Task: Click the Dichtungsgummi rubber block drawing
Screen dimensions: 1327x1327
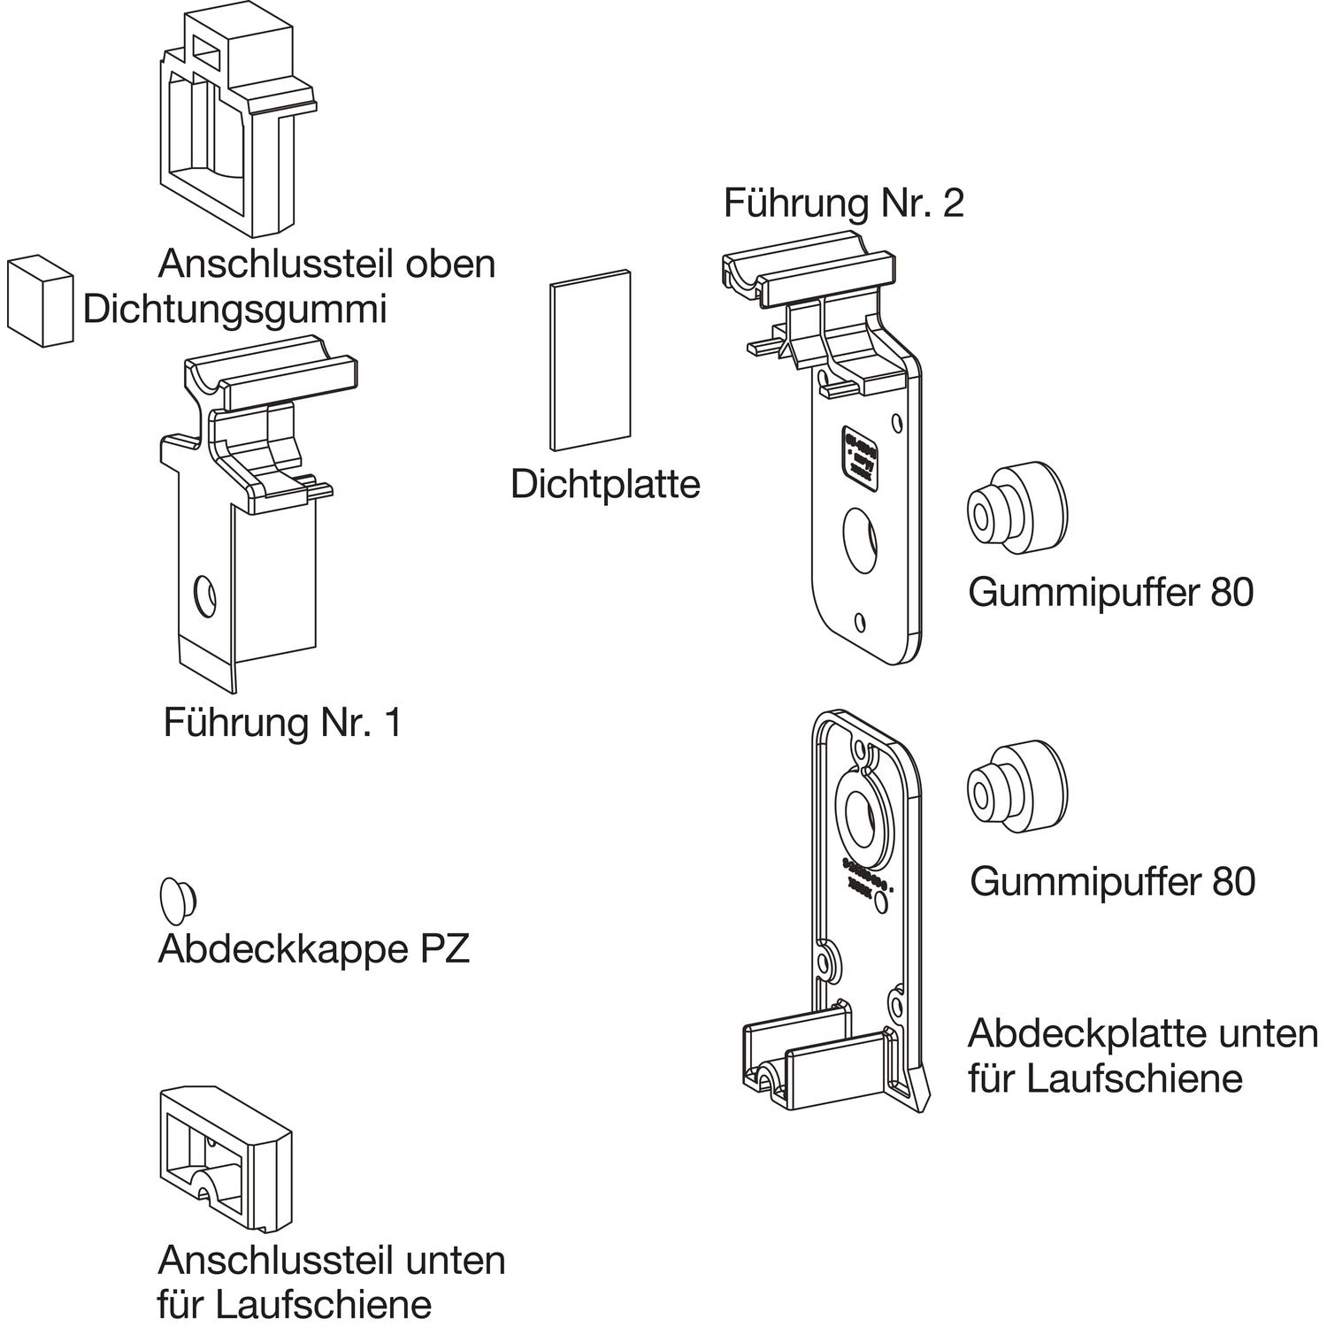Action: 40,300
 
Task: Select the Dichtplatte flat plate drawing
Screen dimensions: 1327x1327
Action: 589,359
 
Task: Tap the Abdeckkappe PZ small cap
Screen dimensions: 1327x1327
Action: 177,900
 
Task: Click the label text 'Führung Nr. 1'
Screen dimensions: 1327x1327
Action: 282,723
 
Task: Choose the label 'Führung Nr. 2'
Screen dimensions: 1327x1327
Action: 843,203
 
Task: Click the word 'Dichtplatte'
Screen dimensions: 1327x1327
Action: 605,484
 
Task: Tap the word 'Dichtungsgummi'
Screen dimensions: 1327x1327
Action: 234,310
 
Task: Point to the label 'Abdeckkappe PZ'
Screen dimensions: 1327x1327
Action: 313,949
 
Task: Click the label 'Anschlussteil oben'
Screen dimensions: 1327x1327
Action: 326,264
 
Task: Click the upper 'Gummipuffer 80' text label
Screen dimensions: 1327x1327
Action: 1110,592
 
